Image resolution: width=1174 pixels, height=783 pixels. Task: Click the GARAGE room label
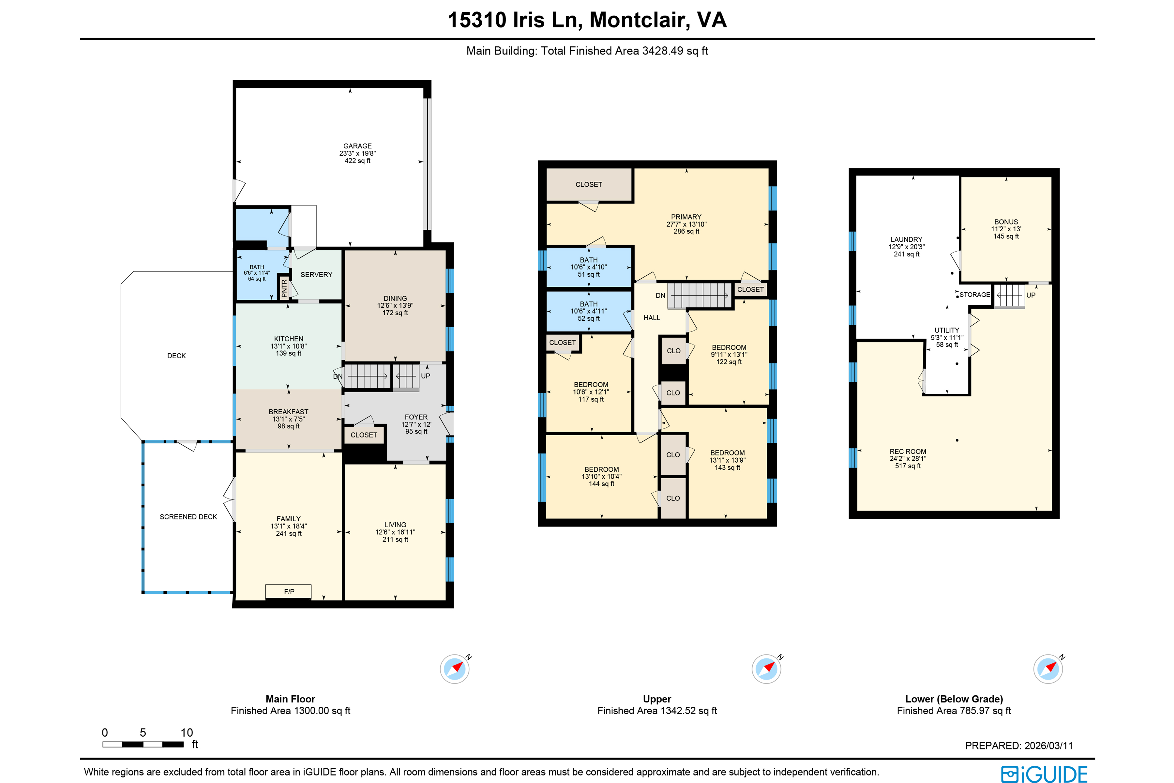tap(357, 146)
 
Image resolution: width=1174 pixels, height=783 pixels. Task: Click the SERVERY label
tap(316, 275)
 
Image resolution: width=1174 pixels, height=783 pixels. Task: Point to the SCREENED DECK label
tap(188, 517)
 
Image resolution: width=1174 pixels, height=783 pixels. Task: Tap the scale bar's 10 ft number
tap(187, 732)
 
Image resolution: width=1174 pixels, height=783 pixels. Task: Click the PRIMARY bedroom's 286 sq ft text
tap(686, 232)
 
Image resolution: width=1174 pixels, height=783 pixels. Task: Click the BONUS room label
tap(1006, 222)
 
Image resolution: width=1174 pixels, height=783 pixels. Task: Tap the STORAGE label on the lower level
tap(974, 295)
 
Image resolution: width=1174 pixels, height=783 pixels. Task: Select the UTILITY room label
tap(946, 330)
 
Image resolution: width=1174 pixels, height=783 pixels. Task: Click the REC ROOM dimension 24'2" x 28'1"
tap(908, 458)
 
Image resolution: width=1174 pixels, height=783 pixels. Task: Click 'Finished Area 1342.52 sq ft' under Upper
tap(657, 711)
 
